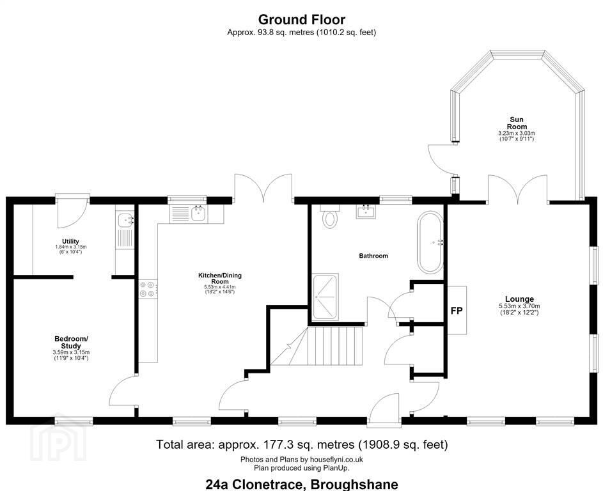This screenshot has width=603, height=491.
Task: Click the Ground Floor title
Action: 302,19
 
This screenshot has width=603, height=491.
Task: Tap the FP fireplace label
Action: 457,311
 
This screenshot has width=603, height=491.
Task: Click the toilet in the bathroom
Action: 329,216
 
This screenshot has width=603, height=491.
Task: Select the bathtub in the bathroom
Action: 430,242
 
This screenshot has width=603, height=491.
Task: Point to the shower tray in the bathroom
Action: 325,297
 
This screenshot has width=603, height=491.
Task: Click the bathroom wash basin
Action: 366,211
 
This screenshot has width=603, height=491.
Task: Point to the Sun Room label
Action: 517,123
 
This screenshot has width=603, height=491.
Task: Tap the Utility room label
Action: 71,242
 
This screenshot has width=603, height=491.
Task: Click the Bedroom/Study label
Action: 71,342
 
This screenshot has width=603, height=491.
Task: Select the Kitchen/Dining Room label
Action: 219,278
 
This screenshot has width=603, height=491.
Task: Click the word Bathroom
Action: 373,256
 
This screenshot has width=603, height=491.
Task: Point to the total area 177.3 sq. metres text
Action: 302,445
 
